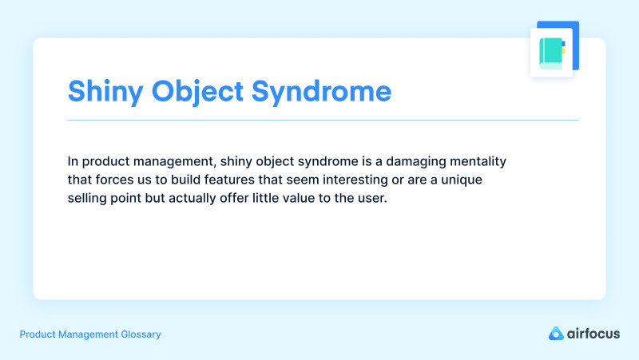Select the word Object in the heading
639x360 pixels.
pyautogui.click(x=194, y=91)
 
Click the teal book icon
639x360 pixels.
pyautogui.click(x=551, y=53)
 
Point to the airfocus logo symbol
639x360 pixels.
pyautogui.click(x=557, y=334)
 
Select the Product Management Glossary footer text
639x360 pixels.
pyautogui.click(x=90, y=334)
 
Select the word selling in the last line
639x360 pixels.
pyautogui.click(x=88, y=198)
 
